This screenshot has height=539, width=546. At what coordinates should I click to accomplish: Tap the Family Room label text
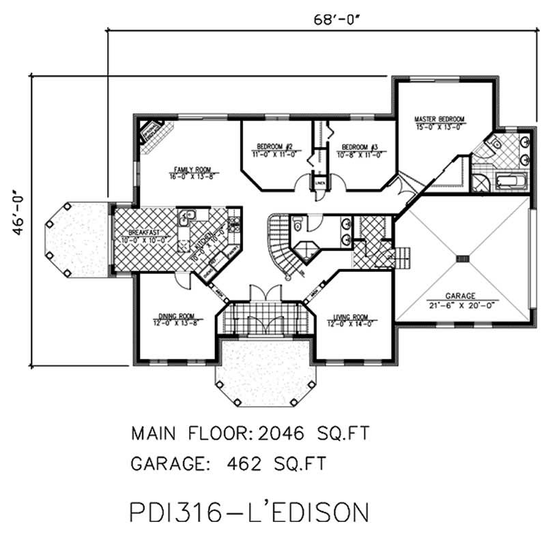[192, 169]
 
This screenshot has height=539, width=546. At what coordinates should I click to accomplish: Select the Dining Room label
[176, 315]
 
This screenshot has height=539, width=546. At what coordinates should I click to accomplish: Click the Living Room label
[351, 317]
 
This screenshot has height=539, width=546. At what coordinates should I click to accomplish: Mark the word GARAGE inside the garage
[461, 296]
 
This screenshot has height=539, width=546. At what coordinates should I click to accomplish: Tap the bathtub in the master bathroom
[511, 182]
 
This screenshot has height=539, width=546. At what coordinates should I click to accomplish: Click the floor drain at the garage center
[463, 258]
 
